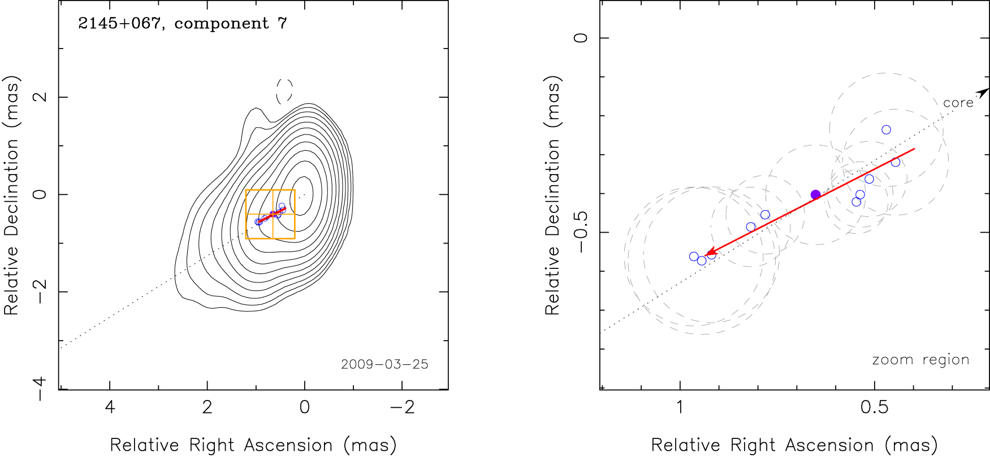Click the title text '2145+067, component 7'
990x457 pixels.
(x=182, y=24)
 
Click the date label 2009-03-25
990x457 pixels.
(x=384, y=364)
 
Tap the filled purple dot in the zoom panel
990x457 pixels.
(x=815, y=194)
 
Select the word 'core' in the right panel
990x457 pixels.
(x=958, y=103)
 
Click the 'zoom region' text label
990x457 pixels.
(x=920, y=360)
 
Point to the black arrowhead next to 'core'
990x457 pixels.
(x=983, y=92)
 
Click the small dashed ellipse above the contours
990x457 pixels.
(x=284, y=91)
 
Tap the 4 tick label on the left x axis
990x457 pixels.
(x=110, y=407)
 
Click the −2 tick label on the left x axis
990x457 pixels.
(x=402, y=407)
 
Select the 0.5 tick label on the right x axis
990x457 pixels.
(x=874, y=407)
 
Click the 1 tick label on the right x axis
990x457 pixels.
(x=680, y=407)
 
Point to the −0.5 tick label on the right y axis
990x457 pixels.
(x=581, y=232)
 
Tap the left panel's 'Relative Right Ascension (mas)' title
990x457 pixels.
(x=253, y=445)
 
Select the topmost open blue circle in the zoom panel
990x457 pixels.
(x=886, y=130)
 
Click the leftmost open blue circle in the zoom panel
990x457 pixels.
(x=694, y=256)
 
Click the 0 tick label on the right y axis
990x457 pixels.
(x=581, y=38)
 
